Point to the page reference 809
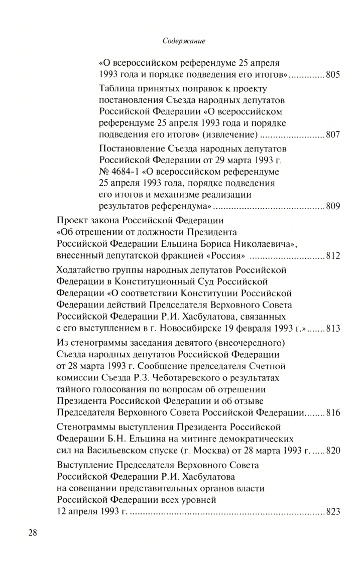332,205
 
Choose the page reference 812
332,256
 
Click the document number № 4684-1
123,170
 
